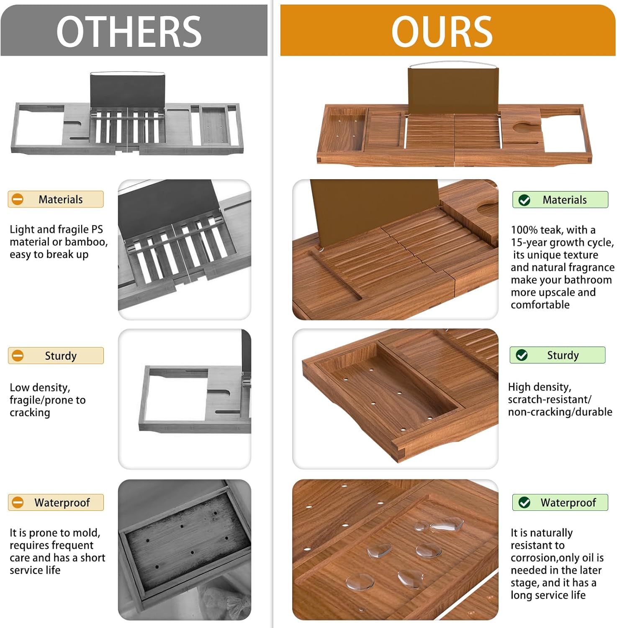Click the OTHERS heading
click(129, 31)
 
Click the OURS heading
click(442, 31)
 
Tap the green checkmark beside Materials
click(524, 200)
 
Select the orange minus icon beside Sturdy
click(18, 355)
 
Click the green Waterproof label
click(560, 502)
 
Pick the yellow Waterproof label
click(56, 502)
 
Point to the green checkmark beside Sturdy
click(522, 355)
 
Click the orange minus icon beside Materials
click(18, 199)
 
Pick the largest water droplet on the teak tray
click(447, 524)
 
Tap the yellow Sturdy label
click(56, 355)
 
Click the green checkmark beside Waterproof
click(524, 502)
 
